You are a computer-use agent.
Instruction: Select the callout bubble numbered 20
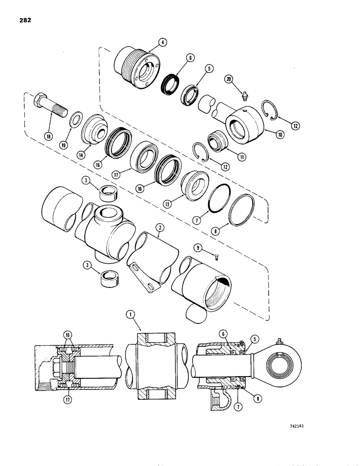click(228, 79)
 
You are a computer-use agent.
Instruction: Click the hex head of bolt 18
click(40, 99)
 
